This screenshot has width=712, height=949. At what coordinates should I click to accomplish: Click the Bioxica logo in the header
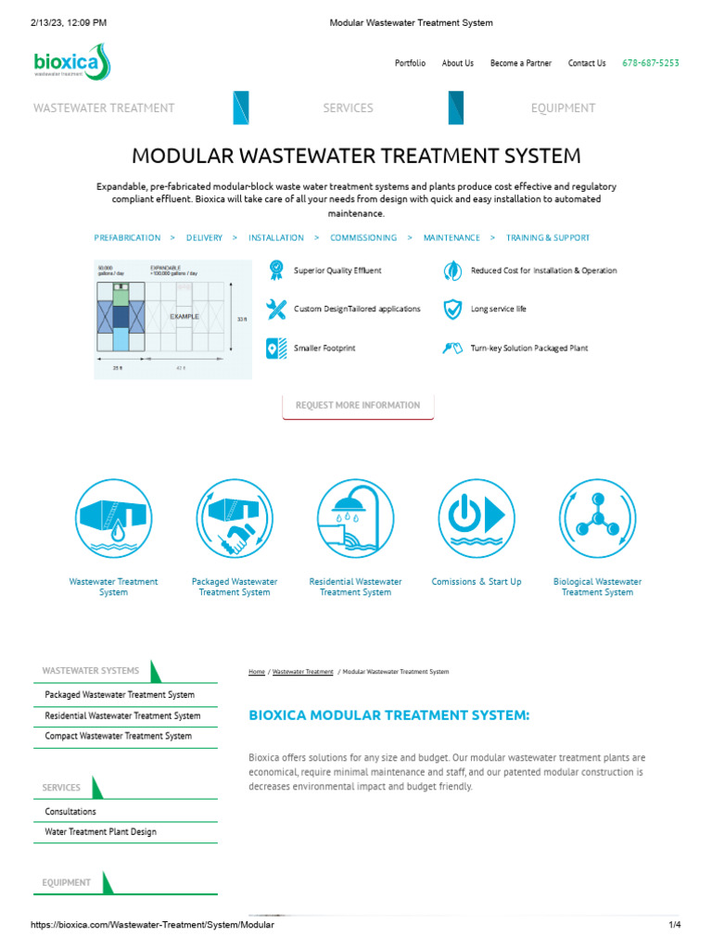(x=71, y=62)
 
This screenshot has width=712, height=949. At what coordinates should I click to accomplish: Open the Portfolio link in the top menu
(x=410, y=63)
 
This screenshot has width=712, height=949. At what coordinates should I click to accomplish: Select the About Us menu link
(x=457, y=63)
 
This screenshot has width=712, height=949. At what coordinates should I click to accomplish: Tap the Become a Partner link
(x=520, y=63)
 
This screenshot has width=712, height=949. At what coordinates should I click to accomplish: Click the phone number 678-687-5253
(x=650, y=63)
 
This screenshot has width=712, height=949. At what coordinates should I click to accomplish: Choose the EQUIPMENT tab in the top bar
(x=563, y=108)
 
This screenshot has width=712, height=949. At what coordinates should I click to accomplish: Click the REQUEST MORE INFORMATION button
(x=358, y=405)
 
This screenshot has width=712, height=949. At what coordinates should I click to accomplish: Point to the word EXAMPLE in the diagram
(x=184, y=316)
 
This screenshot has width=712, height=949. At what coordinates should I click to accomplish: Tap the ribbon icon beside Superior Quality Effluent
(x=276, y=271)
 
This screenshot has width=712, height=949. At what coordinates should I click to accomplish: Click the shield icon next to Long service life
(x=452, y=309)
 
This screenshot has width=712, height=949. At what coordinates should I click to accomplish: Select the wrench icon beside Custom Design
(x=276, y=309)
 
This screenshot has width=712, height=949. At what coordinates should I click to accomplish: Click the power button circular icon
(x=477, y=518)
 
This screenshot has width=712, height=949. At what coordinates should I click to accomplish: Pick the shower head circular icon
(x=355, y=518)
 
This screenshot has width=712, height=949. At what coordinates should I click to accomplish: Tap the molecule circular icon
(x=597, y=518)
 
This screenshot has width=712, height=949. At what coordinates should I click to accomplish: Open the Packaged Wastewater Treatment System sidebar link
(x=120, y=694)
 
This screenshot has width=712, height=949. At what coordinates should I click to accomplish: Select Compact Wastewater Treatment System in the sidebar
(x=119, y=736)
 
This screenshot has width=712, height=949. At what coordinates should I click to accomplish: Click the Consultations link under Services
(x=70, y=811)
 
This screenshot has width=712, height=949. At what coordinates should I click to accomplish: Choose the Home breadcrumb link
(x=257, y=671)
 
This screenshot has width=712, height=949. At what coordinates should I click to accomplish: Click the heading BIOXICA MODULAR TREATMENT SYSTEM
(x=389, y=715)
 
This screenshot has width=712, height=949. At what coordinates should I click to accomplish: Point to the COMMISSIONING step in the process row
(x=363, y=238)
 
